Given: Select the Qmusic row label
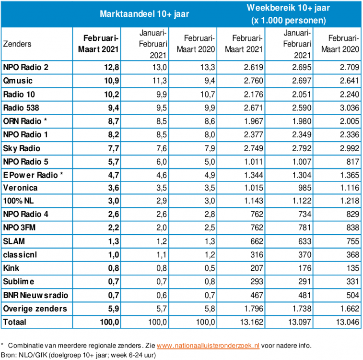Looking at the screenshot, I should pyautogui.click(x=18, y=81).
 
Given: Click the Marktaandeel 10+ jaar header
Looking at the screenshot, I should pyautogui.click(x=144, y=14).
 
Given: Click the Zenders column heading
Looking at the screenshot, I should pyautogui.click(x=17, y=44).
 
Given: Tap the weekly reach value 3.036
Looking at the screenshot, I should pyautogui.click(x=348, y=108).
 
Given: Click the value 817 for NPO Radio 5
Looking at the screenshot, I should pyautogui.click(x=351, y=161).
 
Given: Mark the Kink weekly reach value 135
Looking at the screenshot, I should pyautogui.click(x=351, y=267).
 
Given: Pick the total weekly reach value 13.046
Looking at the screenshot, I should pyautogui.click(x=346, y=321).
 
